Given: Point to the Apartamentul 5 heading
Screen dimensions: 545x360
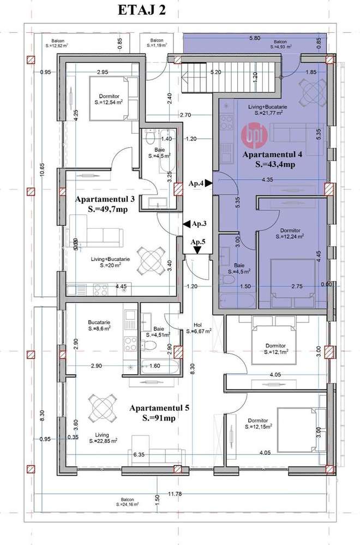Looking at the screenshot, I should [x=159, y=412].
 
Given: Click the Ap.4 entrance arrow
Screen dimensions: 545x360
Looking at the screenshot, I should [x=209, y=184].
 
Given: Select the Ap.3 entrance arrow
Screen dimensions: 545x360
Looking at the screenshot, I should [x=187, y=224].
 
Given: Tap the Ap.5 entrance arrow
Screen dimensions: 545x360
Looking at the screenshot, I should [x=197, y=249].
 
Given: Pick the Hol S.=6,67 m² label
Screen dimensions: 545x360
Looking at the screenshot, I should [x=198, y=327].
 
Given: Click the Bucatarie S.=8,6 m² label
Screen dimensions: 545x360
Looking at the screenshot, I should [x=99, y=326].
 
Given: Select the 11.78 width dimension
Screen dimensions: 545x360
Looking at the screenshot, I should [x=175, y=494].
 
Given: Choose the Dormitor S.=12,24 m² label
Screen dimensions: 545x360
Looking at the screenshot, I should [x=288, y=233].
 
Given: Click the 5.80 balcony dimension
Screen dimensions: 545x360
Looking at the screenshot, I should [x=254, y=39].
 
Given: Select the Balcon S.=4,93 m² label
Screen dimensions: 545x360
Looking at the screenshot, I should [x=280, y=45].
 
